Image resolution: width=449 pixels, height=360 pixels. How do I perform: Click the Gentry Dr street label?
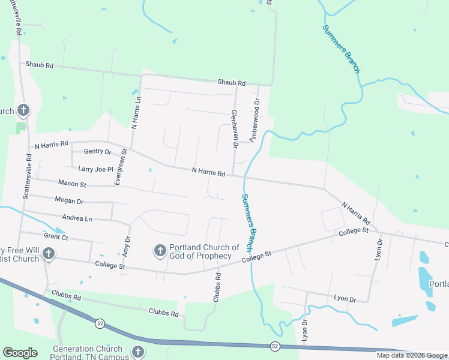coord(98,152)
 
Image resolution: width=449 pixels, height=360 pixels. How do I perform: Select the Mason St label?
coord(72,183)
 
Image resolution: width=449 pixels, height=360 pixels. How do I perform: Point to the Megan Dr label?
coord(68,201)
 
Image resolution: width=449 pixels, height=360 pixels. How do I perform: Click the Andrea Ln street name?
coord(77,218)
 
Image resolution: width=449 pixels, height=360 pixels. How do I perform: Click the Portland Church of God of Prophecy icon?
coord(160,250)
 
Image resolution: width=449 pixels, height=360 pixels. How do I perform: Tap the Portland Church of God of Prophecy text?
coord(204,251)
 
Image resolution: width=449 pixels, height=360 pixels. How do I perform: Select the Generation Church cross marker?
coord(137,352)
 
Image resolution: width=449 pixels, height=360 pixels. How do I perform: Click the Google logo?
coord(20,353)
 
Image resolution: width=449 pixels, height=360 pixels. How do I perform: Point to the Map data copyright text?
coord(412,355)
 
